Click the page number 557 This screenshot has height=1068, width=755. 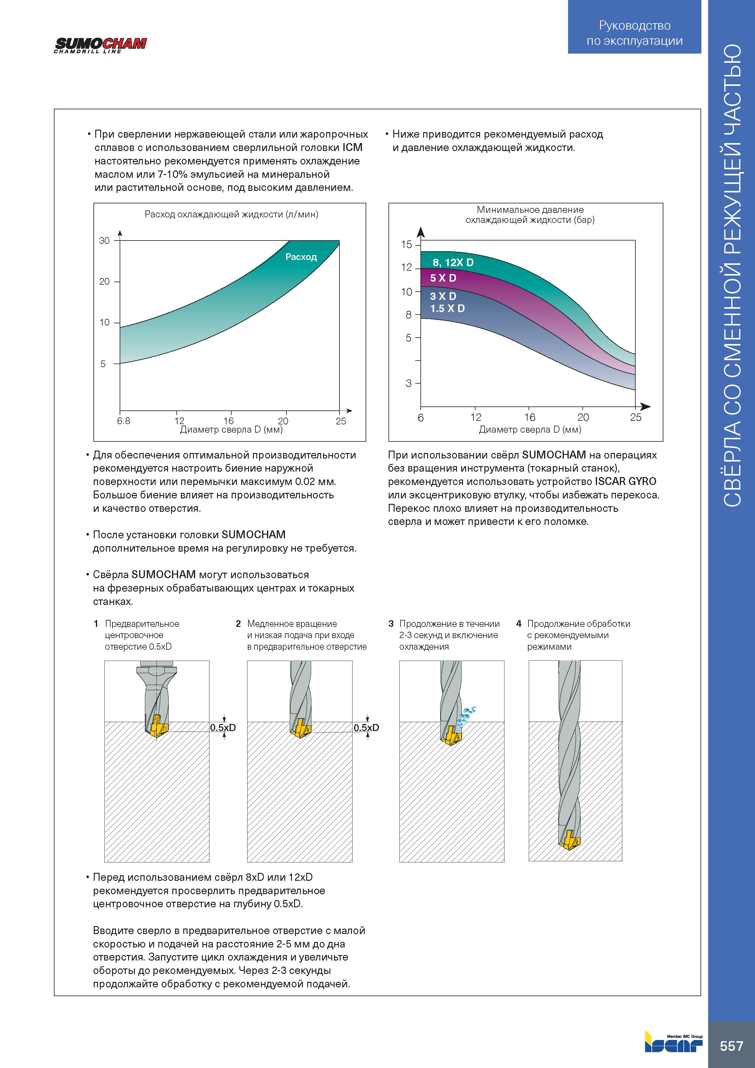pos(732,1046)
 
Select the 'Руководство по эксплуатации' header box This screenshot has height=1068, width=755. pos(634,27)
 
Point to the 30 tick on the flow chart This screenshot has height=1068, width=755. pos(105,241)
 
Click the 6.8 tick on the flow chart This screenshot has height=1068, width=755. pos(124,421)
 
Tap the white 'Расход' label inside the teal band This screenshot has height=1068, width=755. pos(301,257)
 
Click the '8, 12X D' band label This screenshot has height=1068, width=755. pos(453,262)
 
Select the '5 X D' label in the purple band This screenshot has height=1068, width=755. pos(443,278)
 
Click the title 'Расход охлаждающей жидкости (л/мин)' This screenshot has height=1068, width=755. pos(231,214)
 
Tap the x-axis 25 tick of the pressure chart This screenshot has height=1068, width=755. pos(635,417)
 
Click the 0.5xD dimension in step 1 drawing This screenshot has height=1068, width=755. pos(223,728)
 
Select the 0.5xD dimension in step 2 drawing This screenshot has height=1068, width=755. pos(367,728)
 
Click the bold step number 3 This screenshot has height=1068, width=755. pos(391,624)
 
